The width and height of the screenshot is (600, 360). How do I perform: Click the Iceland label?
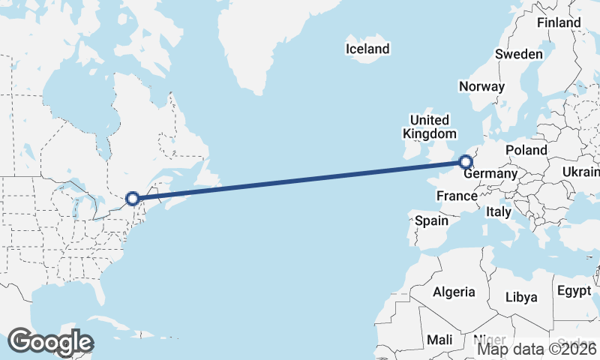367,49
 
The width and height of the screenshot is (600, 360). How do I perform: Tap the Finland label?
559,22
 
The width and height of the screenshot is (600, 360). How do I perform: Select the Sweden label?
518,54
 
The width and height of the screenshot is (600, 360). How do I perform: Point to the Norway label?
481,86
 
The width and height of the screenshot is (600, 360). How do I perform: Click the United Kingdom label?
429,127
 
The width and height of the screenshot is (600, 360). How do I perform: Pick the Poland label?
526,150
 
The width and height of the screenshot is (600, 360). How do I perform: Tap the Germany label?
491,174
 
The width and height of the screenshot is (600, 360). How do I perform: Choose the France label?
457,196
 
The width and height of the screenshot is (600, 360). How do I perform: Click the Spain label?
431,221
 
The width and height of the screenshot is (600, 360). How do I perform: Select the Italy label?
499,212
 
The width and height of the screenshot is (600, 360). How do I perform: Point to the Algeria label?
454,292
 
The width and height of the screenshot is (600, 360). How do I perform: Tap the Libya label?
521,297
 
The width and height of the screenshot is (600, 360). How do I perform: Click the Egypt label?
574,290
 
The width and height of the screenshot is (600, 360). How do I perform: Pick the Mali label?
439,340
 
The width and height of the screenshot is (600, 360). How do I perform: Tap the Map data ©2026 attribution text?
537,348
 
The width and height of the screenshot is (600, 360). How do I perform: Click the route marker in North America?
133,199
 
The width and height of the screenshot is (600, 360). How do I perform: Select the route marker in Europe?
466,161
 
